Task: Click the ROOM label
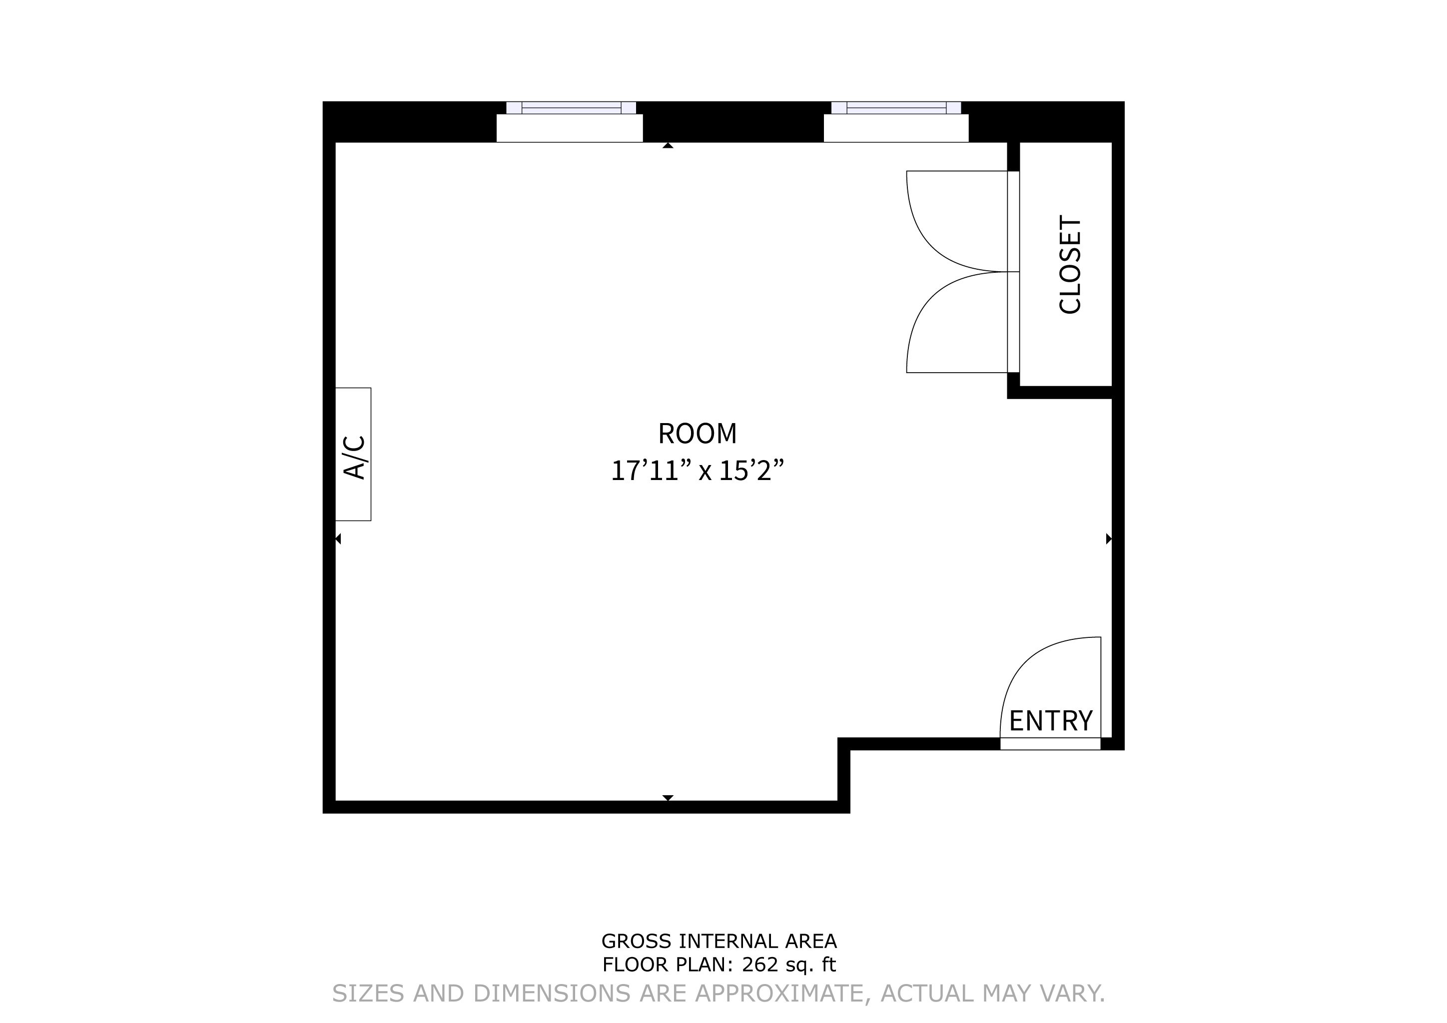pyautogui.click(x=697, y=434)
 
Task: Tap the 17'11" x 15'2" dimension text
pyautogui.click(x=697, y=471)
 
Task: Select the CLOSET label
pyautogui.click(x=1070, y=265)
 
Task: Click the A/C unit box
pyautogui.click(x=353, y=454)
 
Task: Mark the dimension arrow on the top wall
pyautogui.click(x=668, y=145)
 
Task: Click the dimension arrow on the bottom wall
pyautogui.click(x=668, y=798)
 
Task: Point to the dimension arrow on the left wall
pyautogui.click(x=338, y=538)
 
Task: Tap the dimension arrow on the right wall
pyautogui.click(x=1109, y=538)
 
